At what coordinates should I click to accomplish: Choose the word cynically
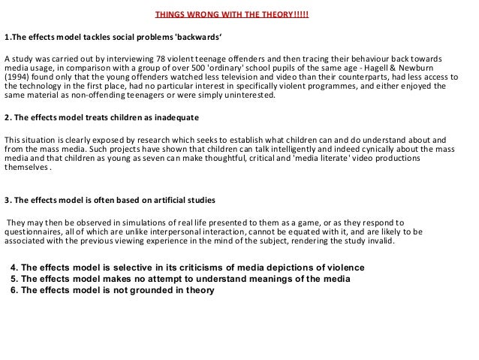405,149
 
